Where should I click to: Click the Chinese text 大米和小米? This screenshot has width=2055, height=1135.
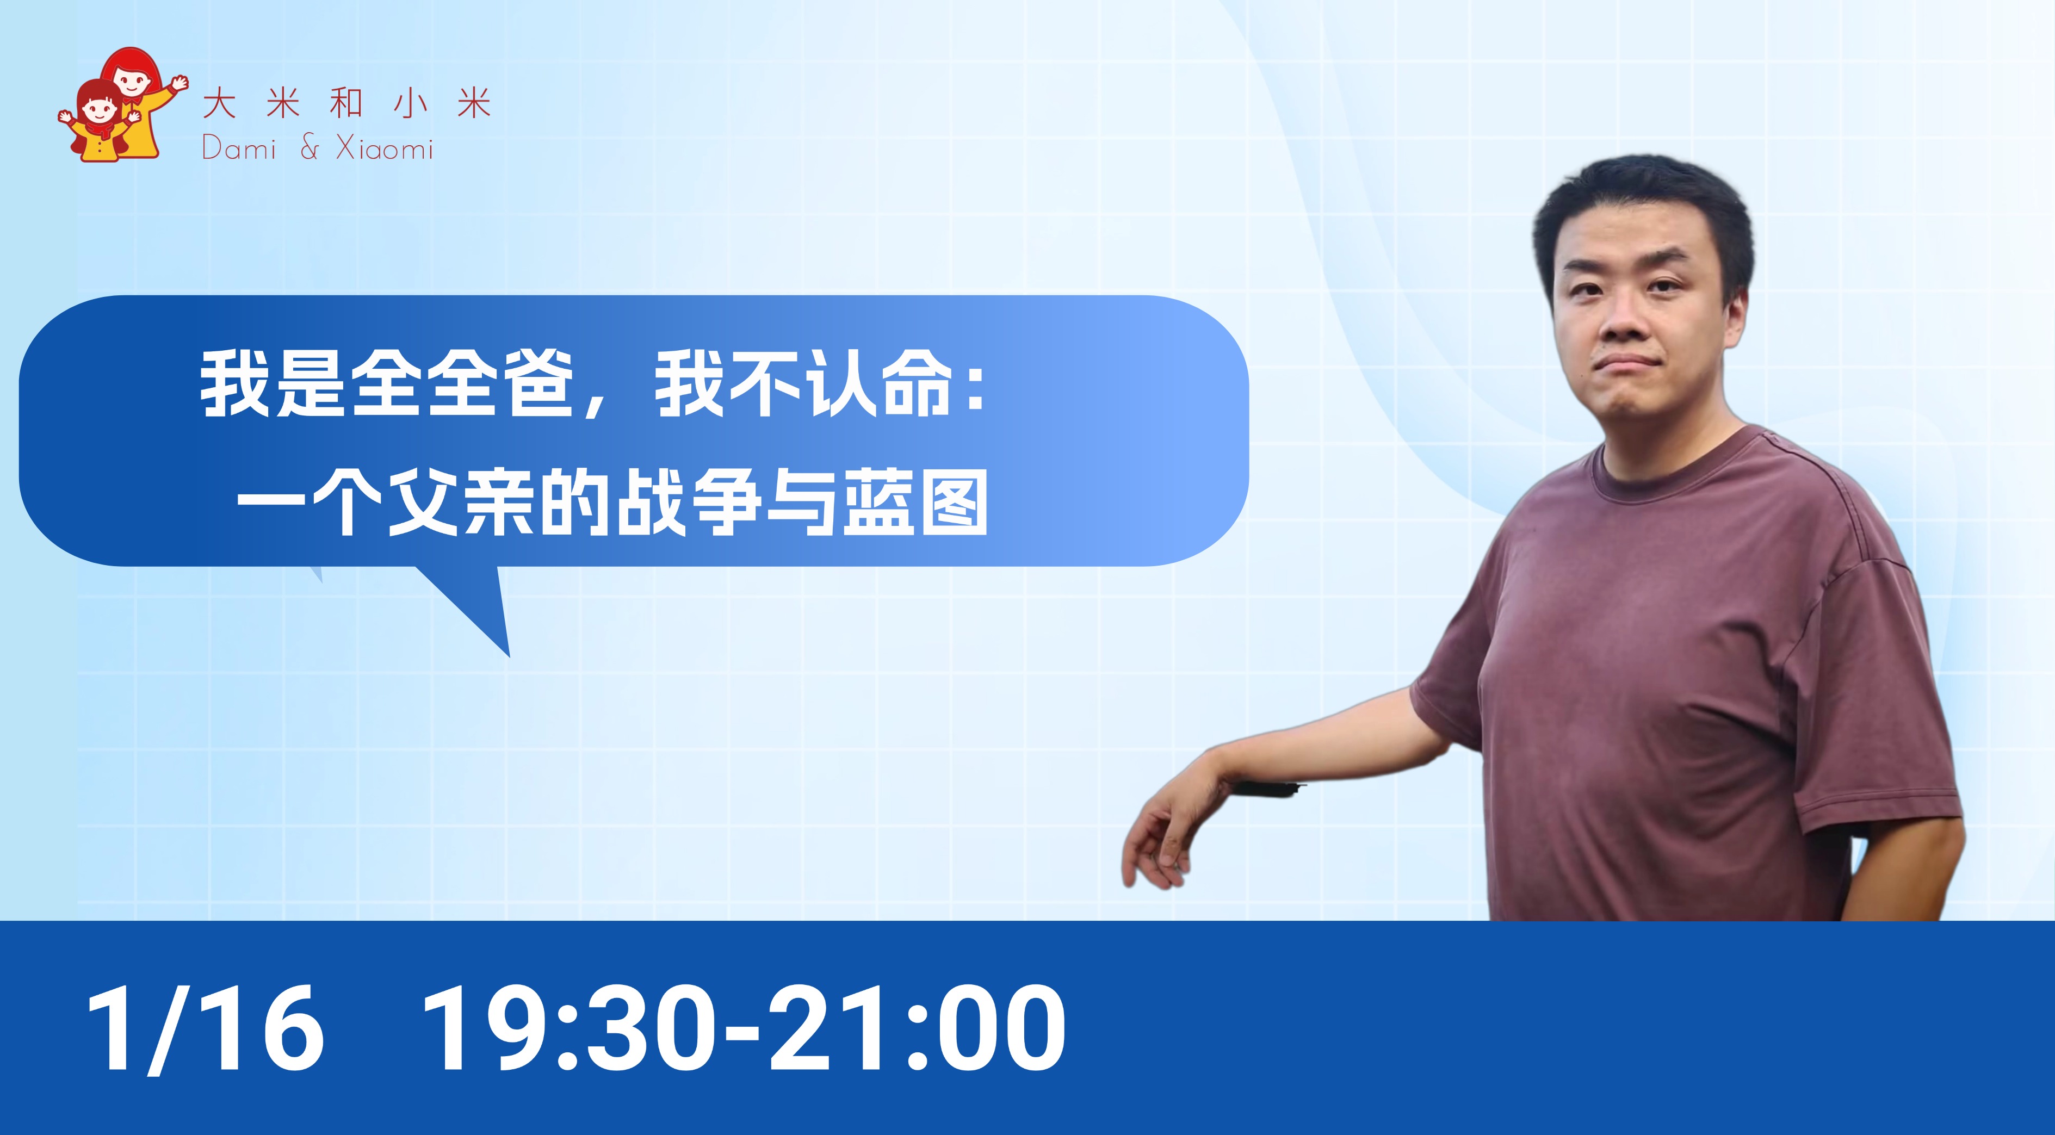[346, 104]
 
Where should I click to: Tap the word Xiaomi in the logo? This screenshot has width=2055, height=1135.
[385, 148]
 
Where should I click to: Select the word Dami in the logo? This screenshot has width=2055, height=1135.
[239, 148]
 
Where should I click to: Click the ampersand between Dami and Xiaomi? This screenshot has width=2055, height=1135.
[310, 148]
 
